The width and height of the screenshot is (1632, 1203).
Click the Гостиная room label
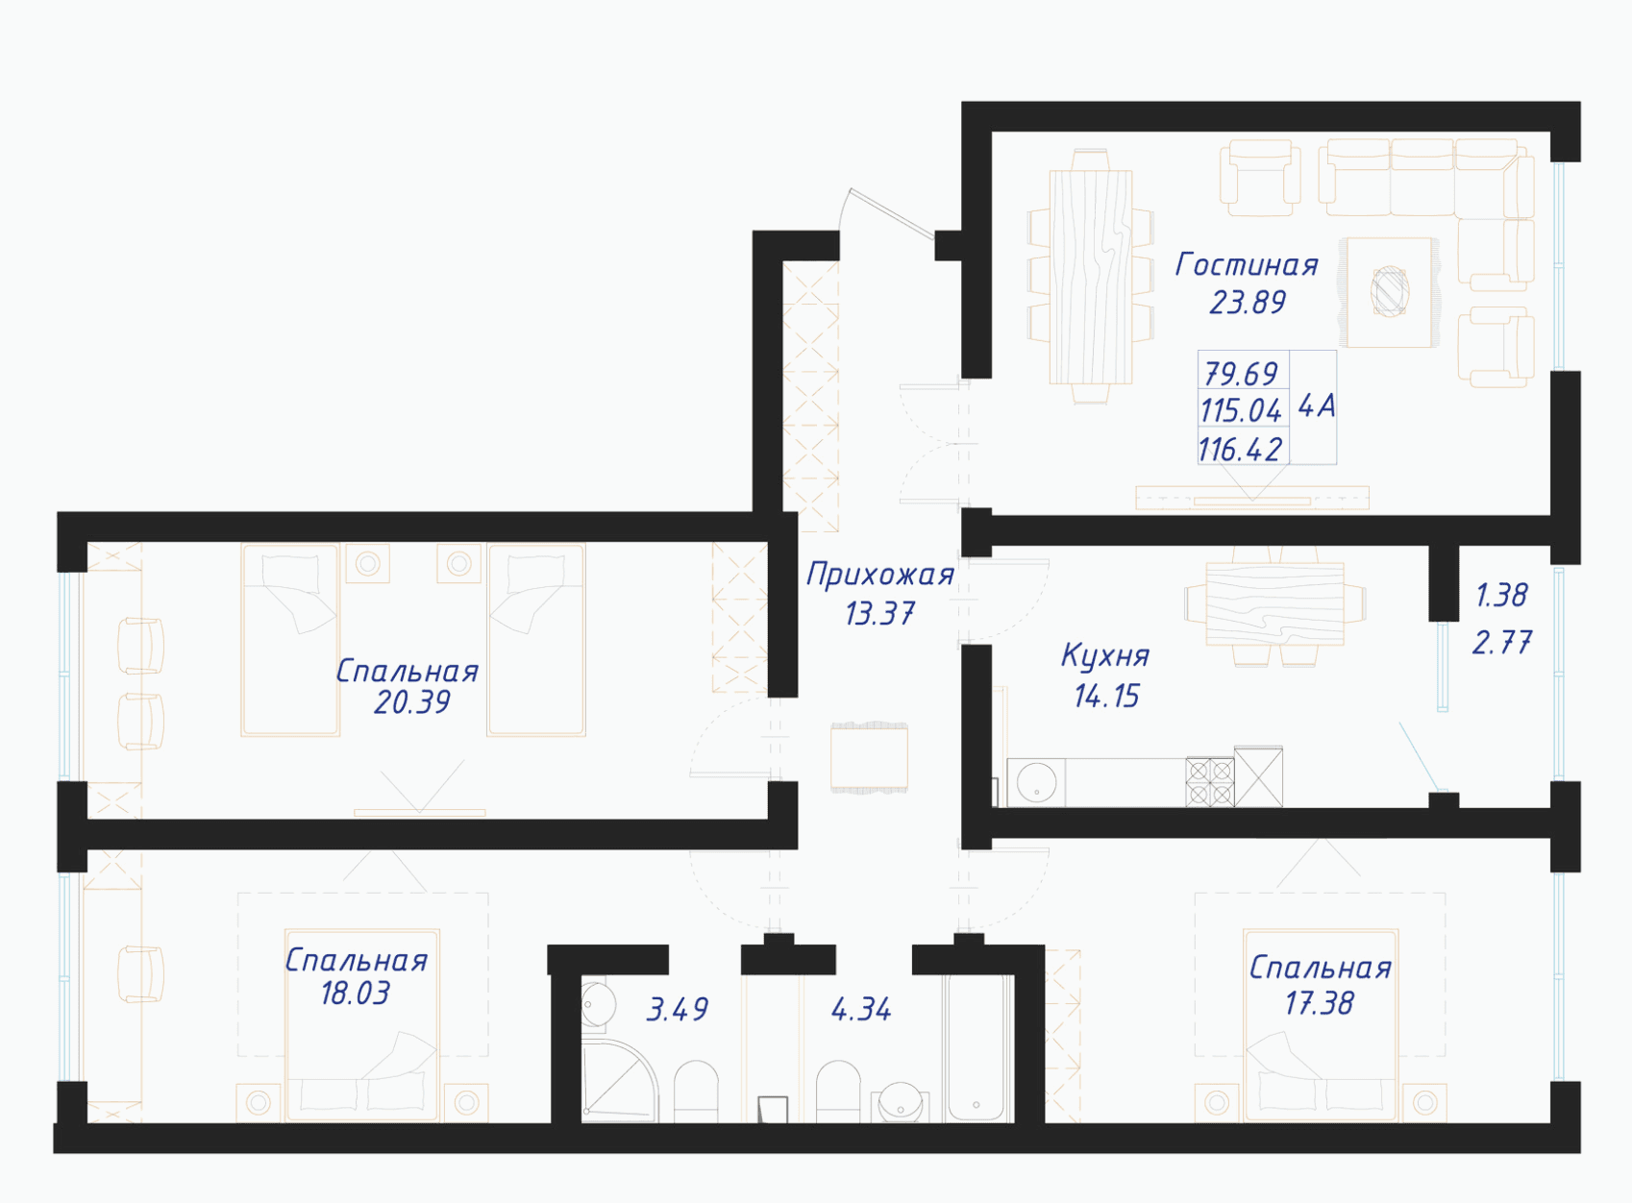pos(1247,265)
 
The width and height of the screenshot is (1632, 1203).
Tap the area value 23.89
pos(1248,303)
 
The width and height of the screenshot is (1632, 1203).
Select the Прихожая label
pos(880,576)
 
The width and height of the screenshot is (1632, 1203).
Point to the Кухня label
pos(1105,655)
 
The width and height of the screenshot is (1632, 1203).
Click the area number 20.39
pos(411,702)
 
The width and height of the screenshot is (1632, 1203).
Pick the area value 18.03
pos(356,994)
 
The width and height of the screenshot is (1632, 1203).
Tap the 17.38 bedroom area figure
pos(1319,1003)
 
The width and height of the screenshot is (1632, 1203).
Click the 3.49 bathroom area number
pos(678,1010)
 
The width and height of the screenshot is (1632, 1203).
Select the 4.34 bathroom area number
pos(861,1010)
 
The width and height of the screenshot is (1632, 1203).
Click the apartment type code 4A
pos(1318,405)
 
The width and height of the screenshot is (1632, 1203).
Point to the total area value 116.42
pos(1240,450)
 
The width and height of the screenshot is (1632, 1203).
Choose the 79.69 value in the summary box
pos(1242,374)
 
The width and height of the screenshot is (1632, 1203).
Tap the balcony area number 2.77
pos(1501,643)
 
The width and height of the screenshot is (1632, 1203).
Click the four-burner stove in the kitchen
pos(1210,782)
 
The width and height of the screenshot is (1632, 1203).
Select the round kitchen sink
pos(1036,783)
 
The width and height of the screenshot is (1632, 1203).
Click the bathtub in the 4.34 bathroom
pos(978,1048)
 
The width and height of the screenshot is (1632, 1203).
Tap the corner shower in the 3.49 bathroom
pos(620,1082)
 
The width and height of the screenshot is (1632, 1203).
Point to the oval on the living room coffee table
pos(1390,291)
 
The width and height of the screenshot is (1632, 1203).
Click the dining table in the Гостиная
pos(1091,277)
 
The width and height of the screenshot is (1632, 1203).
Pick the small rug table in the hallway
pos(869,757)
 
